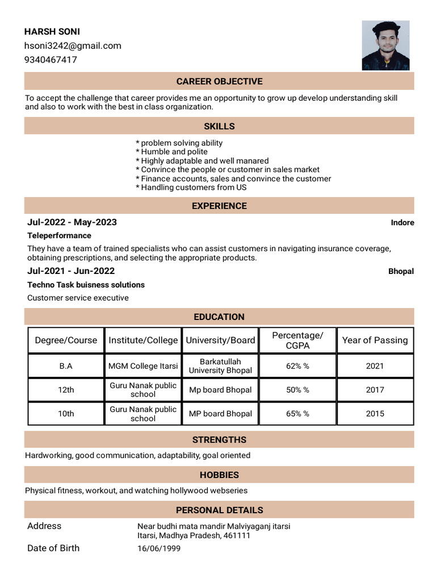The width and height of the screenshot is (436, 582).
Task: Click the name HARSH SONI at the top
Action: [x=52, y=32]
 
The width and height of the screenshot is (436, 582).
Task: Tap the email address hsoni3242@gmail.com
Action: [x=73, y=45]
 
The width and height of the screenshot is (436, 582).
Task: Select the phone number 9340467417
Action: [x=51, y=60]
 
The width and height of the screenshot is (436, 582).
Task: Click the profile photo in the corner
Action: [x=385, y=45]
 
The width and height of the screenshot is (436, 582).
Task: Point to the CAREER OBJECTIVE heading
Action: [x=219, y=81]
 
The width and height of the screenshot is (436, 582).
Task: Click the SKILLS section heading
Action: [x=219, y=126]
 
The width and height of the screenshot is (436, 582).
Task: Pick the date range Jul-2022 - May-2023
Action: [x=72, y=222]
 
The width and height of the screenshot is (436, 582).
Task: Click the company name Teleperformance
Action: [x=59, y=235]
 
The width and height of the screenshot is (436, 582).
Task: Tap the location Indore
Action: [x=402, y=223]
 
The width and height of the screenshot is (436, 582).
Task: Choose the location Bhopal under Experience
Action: [x=401, y=272]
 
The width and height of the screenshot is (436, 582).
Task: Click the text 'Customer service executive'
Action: [x=78, y=298]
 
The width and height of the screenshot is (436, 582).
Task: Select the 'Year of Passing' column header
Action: [x=375, y=340]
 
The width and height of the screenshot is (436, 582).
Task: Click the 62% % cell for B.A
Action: [x=297, y=366]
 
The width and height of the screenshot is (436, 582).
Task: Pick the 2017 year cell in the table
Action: [x=375, y=390]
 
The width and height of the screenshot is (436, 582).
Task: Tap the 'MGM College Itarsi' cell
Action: [x=143, y=366]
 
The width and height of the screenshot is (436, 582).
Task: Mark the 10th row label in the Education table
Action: [x=66, y=414]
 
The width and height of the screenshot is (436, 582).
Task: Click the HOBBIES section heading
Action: [x=219, y=475]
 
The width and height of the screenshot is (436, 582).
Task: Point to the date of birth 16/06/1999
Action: [x=159, y=548]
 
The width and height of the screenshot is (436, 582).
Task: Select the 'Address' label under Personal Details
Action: [x=44, y=526]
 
